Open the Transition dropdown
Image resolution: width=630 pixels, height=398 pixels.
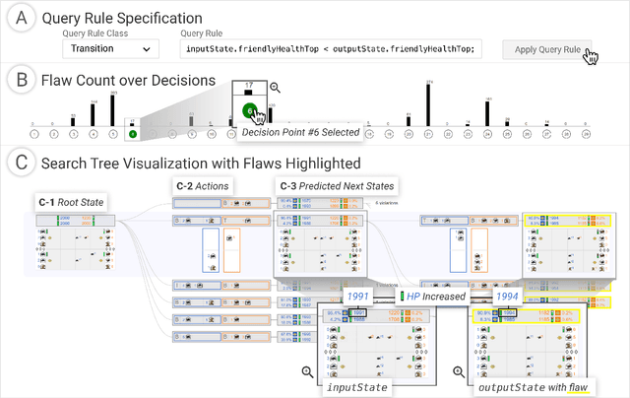[109, 48]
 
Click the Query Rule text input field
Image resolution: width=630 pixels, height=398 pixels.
[330, 48]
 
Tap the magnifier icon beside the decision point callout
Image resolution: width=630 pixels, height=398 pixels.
[275, 88]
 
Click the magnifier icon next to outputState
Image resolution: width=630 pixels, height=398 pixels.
[459, 371]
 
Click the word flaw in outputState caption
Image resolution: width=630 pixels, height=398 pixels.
[576, 387]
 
